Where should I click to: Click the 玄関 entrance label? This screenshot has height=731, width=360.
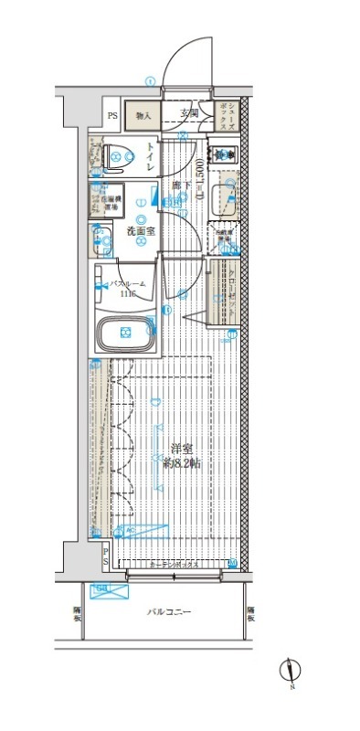point(189,113)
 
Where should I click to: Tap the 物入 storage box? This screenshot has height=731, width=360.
point(143,115)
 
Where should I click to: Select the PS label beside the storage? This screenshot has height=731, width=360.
point(112,115)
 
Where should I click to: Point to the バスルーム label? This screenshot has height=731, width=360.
point(122,287)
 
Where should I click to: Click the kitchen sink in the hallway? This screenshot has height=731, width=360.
point(224,197)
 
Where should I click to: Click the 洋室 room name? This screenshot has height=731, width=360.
point(182,449)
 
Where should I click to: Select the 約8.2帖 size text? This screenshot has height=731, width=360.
point(182,464)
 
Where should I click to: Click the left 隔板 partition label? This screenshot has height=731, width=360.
point(79,614)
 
